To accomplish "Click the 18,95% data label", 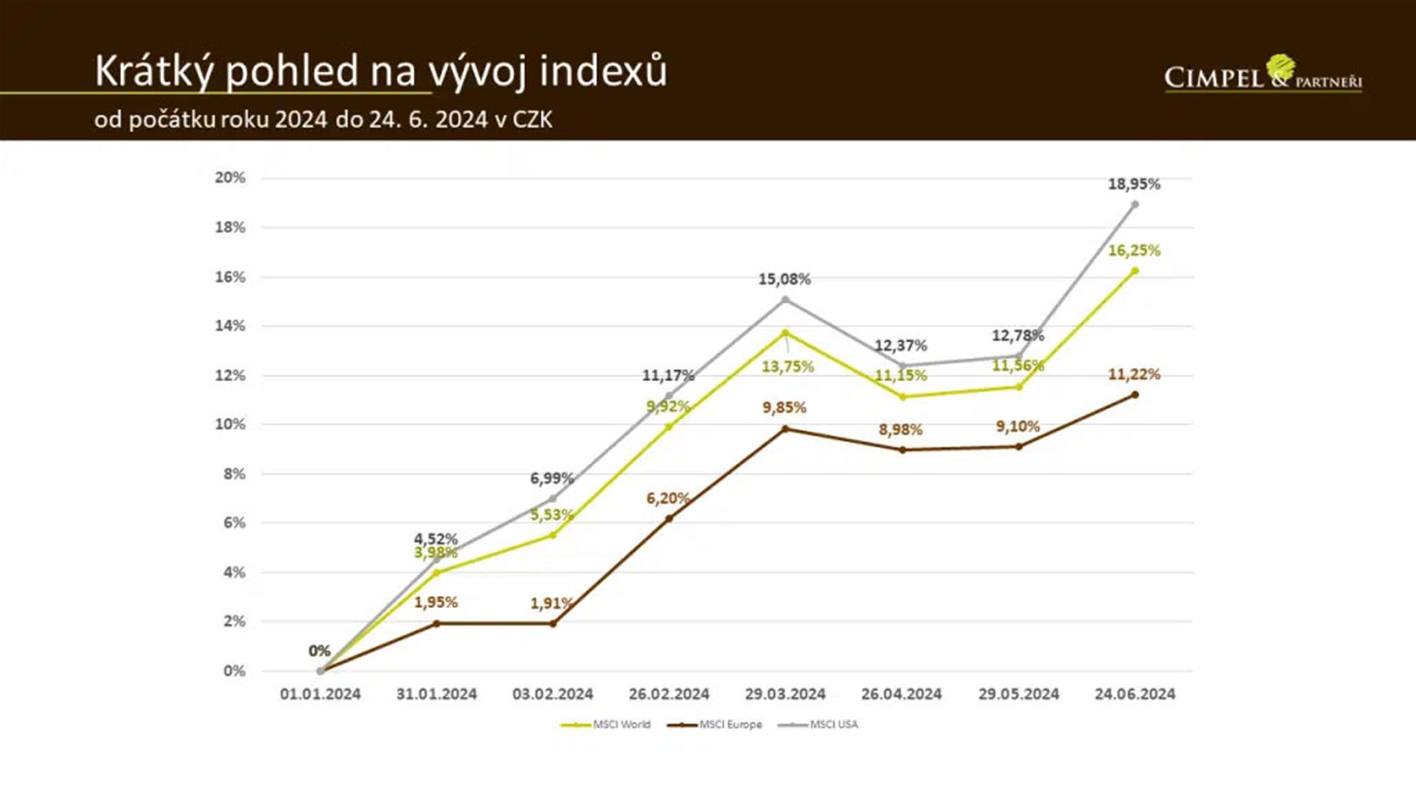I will click(1134, 184).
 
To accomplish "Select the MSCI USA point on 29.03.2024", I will click(785, 299).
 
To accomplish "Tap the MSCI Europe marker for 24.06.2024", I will click(1134, 395).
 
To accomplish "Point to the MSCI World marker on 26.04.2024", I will click(902, 397).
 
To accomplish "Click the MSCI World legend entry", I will click(606, 725).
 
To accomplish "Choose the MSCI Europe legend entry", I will click(715, 725).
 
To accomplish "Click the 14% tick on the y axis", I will click(230, 326).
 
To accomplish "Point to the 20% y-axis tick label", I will click(230, 178).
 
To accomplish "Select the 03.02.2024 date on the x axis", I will click(552, 694).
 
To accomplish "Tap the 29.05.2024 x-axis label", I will click(1018, 694).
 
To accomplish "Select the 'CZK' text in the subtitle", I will click(532, 119).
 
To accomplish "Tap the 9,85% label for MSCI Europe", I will click(784, 408).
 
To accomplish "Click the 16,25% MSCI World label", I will click(1134, 251).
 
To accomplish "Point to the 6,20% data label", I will click(667, 498).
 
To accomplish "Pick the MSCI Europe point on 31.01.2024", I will click(436, 624).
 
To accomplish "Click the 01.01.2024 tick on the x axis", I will click(320, 694).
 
